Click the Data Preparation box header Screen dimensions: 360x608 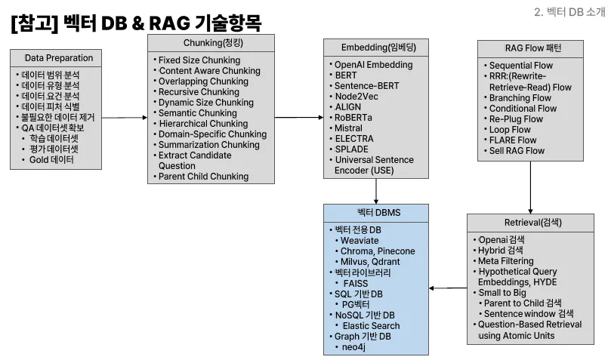59,58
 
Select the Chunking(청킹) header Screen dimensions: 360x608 211,43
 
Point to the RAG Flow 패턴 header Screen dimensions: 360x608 531,48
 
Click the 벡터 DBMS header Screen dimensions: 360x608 375,213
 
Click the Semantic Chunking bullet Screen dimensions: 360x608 197,113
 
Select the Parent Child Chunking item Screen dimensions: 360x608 202,177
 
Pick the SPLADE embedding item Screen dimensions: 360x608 352,149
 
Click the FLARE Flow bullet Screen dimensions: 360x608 513,140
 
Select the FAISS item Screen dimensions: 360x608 355,283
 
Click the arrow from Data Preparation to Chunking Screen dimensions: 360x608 124,118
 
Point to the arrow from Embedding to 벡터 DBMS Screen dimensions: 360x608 375,191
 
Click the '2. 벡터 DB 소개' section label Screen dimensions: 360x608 569,11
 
